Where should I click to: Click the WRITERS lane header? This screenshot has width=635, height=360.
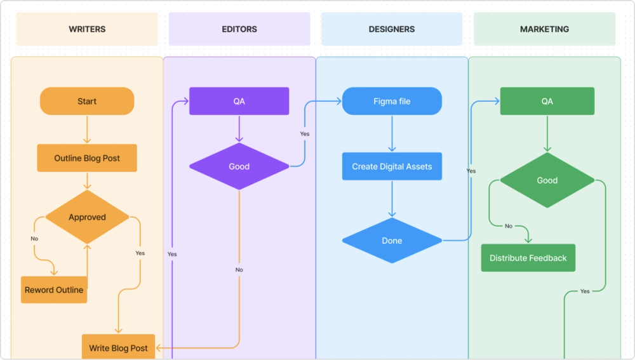click(x=87, y=29)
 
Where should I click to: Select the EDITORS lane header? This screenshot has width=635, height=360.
click(x=239, y=29)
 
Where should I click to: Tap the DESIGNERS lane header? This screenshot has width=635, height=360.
click(x=392, y=29)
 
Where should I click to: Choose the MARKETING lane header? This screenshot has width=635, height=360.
click(x=544, y=29)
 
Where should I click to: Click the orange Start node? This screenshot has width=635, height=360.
click(x=87, y=101)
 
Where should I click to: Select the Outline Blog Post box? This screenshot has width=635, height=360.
click(x=87, y=158)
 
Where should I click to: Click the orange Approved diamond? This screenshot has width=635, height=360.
click(x=87, y=217)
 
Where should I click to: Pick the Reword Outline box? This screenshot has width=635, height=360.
click(x=54, y=290)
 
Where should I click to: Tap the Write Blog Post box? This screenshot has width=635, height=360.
click(x=118, y=347)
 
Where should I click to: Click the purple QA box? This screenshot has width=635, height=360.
click(x=239, y=101)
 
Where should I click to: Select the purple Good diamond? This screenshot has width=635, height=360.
click(x=239, y=166)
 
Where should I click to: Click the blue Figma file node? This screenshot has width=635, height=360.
click(x=392, y=101)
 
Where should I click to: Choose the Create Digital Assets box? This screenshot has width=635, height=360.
click(x=392, y=166)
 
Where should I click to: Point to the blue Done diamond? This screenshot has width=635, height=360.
click(x=392, y=241)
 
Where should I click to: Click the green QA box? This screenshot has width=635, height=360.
click(x=547, y=101)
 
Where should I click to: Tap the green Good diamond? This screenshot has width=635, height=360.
click(x=547, y=180)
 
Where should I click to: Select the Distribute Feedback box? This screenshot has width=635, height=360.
click(x=528, y=258)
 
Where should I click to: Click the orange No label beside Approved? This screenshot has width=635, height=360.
click(x=34, y=239)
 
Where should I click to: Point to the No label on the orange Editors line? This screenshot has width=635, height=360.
click(x=239, y=270)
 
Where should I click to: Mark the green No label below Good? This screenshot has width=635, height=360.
click(x=509, y=226)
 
